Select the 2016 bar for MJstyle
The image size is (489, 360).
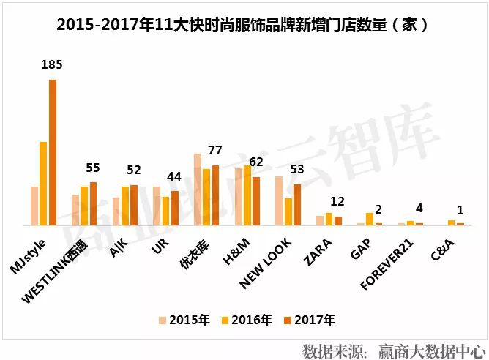click(x=43, y=184)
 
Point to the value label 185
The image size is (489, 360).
click(x=52, y=64)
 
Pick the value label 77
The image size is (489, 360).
click(x=214, y=151)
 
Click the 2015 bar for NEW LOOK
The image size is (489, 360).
click(x=279, y=200)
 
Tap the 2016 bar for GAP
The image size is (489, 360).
click(x=370, y=219)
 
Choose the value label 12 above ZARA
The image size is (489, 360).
click(x=337, y=202)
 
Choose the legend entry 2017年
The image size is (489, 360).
click(x=315, y=319)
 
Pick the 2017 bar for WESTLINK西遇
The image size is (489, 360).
click(x=93, y=203)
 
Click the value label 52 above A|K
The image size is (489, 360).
click(x=133, y=170)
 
